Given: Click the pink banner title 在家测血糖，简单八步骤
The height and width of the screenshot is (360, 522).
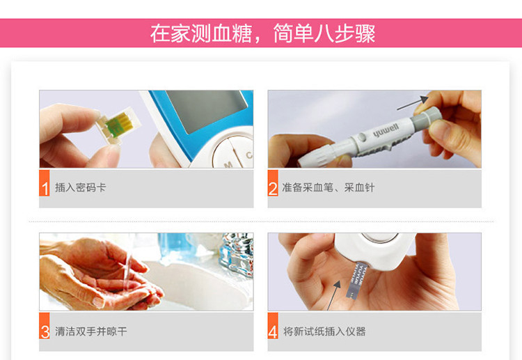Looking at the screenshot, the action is tap(262, 33).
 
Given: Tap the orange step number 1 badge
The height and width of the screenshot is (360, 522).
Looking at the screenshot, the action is tap(45, 183).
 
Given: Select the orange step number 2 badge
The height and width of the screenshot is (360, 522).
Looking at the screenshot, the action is tap(273, 183).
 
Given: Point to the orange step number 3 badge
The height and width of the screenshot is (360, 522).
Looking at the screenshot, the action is tap(45, 326).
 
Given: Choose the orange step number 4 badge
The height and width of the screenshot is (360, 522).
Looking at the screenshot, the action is tap(273, 326).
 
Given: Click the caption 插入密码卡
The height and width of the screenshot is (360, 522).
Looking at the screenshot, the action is tap(81, 187).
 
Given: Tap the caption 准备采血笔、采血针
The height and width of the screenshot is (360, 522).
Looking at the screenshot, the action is tap(329, 187).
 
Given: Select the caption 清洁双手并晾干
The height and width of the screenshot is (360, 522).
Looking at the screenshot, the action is tap(91, 331).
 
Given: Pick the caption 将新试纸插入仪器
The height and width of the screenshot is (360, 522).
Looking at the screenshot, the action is tap(324, 331).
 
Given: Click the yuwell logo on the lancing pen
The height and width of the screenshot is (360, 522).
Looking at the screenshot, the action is tap(386, 130).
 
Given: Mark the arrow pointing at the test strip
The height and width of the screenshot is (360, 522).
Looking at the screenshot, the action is tap(334, 295).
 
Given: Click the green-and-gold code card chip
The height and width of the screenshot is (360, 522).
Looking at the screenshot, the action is tap(119, 125).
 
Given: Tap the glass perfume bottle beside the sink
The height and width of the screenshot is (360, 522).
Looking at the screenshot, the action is tap(237, 254).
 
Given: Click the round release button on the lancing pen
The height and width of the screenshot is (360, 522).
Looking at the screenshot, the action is tap(361, 136).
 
